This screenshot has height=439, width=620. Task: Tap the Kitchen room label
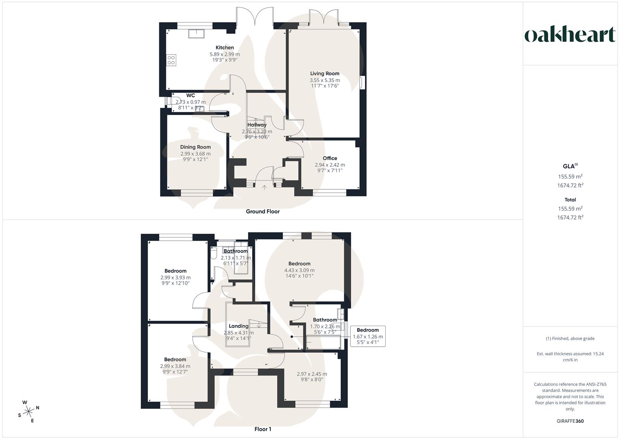(x=225, y=48)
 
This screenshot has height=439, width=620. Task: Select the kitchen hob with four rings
(x=171, y=61)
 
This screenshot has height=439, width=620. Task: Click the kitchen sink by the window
(x=196, y=33)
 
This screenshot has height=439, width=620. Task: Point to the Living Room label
(x=325, y=74)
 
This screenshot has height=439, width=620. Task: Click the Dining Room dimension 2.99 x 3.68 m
(x=195, y=154)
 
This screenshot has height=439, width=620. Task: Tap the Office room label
(x=330, y=158)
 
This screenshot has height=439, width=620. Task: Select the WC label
(x=190, y=96)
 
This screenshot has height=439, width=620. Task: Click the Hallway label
(x=257, y=125)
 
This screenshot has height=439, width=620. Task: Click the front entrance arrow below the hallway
(x=264, y=187)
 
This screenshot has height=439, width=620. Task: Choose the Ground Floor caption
(x=263, y=211)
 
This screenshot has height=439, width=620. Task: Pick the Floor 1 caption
(x=263, y=429)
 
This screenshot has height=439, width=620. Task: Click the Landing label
(x=239, y=326)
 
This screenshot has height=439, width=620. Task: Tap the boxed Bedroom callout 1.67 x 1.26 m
(x=368, y=336)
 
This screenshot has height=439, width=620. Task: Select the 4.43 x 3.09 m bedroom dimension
(x=300, y=270)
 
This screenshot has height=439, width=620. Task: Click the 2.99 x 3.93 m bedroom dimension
(x=175, y=277)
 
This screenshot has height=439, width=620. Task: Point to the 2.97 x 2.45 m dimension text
(x=312, y=374)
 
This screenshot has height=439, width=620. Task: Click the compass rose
(x=28, y=411)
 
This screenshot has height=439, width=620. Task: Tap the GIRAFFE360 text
(x=570, y=421)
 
